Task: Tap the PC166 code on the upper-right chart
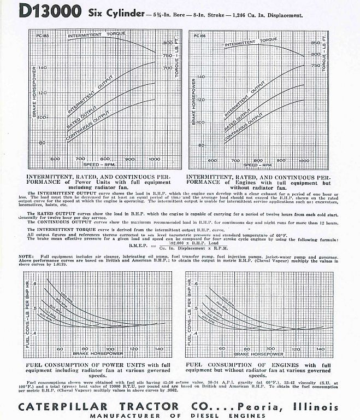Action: pos(195,36)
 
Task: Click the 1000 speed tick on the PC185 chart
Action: pos(155,159)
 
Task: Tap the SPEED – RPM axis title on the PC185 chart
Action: pos(101,164)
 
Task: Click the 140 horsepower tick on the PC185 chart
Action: pos(42,68)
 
